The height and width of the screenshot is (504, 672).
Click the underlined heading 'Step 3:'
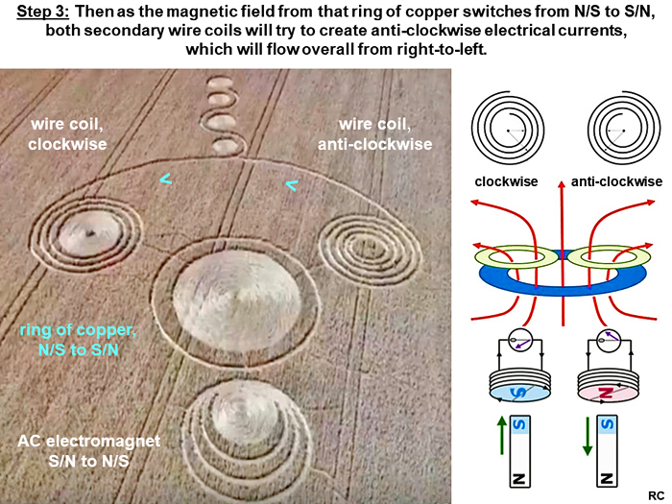pos(42,12)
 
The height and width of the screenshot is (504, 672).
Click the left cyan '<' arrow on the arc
pos(166,179)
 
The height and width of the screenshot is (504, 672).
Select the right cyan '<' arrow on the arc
pos(292,185)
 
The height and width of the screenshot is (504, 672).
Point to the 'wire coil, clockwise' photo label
pos(67,134)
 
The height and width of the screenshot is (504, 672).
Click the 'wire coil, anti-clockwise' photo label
pos(375,134)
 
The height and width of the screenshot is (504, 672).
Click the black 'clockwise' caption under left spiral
pos(506,181)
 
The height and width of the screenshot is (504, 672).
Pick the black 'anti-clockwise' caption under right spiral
pos(616,181)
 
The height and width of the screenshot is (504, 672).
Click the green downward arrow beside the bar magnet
pos(588,436)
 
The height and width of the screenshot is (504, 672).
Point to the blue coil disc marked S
pos(520,393)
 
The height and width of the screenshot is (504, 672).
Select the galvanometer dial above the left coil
pos(520,341)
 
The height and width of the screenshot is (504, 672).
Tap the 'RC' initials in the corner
pos(656,496)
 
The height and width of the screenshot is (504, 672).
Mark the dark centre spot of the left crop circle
pos(91,233)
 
